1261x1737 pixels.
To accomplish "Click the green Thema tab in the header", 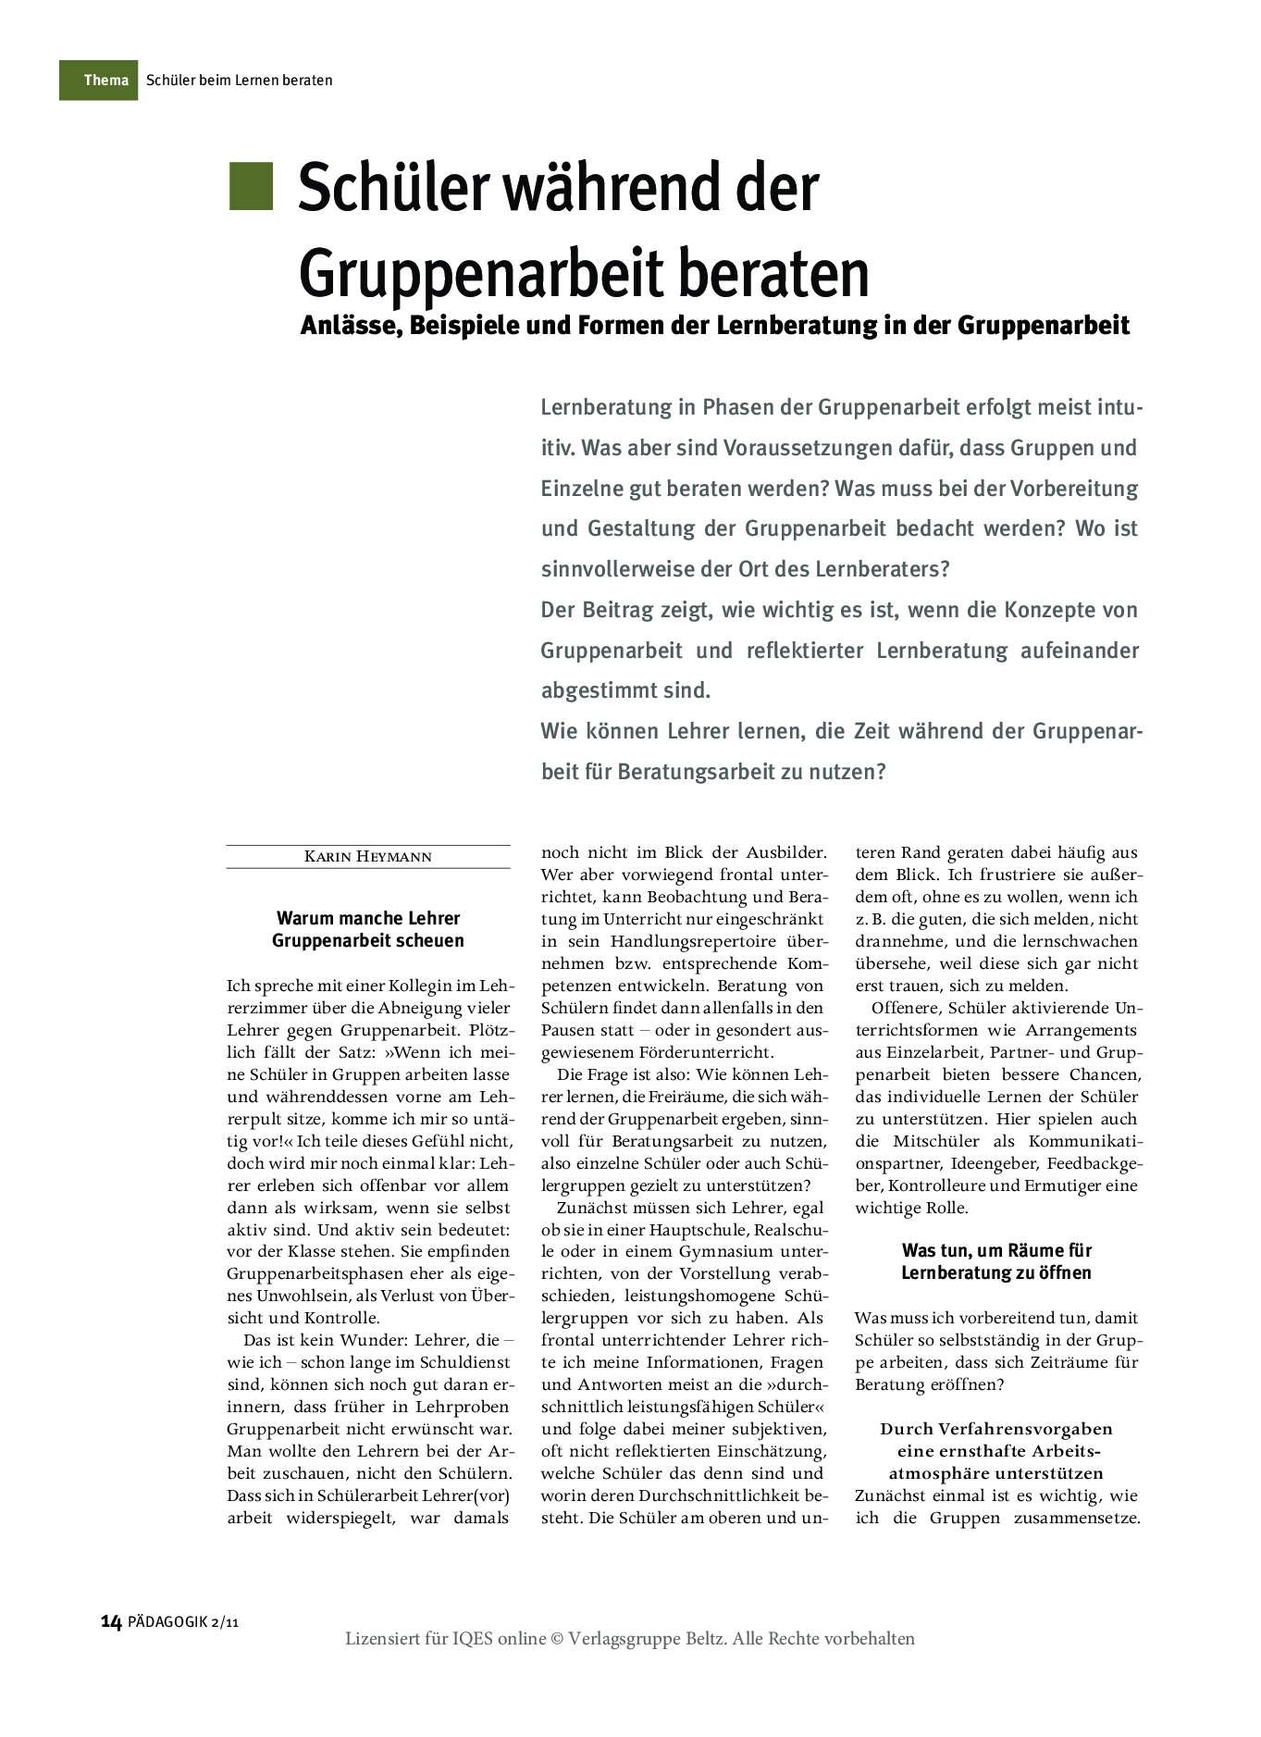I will coord(99,81).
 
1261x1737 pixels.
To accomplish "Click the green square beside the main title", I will coord(251,186).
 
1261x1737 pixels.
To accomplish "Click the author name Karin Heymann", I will coord(368,857).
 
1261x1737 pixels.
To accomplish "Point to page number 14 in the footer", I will coord(111,1621).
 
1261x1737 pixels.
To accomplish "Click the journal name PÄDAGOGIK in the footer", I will coord(167,1622).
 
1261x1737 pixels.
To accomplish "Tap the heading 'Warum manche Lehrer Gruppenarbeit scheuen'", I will coord(368,929).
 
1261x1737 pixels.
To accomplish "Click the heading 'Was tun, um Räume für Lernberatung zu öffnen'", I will coord(996,1261).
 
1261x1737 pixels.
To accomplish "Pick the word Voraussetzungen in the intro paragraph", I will coord(767,448).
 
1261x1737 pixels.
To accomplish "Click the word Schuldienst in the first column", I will coord(464,1362).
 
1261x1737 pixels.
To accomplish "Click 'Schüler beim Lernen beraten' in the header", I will coord(239,81).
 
